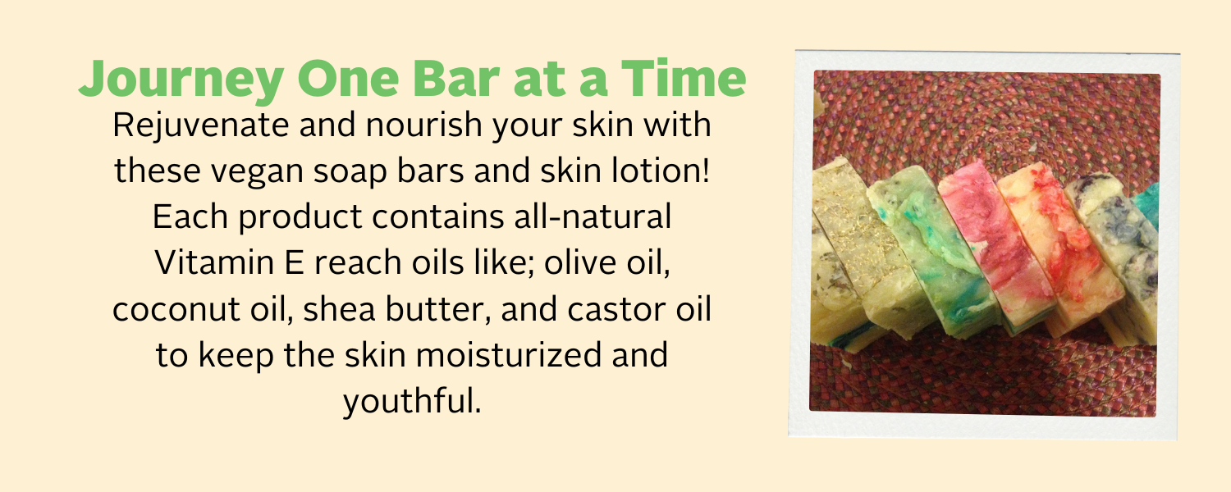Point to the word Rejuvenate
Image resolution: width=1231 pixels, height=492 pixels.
pos(200,125)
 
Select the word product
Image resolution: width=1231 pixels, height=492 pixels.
pos(300,217)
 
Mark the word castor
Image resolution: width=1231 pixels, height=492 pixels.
pos(616,308)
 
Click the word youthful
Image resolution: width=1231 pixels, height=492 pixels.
pos(412,401)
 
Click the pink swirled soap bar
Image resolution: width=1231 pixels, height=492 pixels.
pos(986,243)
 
